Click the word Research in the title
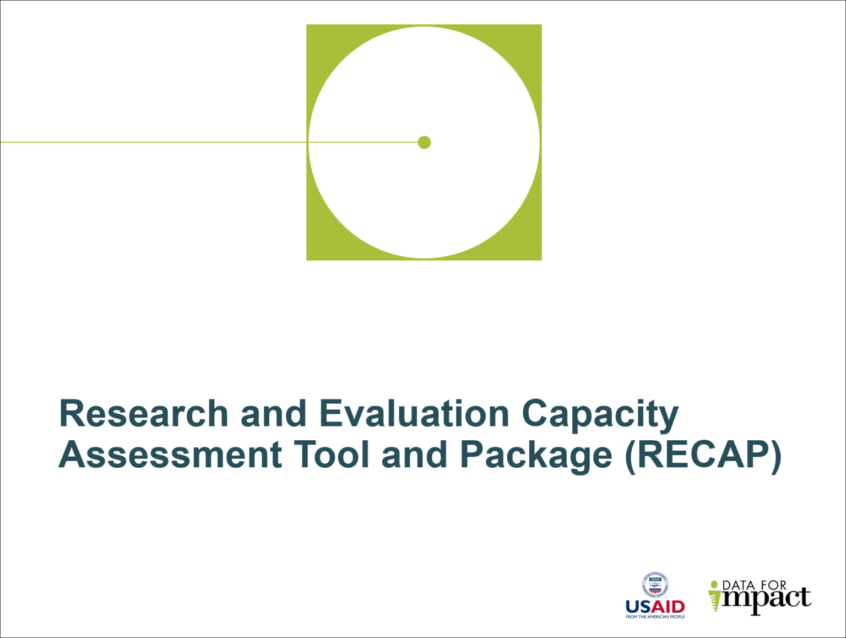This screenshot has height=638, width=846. [x=143, y=414]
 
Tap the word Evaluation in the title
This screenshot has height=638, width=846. [x=414, y=414]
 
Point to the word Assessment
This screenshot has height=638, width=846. [x=170, y=455]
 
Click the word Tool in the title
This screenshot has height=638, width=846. [x=330, y=455]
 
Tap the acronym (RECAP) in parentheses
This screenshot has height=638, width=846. [x=703, y=456]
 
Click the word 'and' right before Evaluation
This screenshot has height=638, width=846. [x=273, y=414]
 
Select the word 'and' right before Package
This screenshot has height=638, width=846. [x=414, y=455]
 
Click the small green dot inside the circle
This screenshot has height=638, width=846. [x=424, y=143]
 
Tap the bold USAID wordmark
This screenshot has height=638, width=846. [x=655, y=607]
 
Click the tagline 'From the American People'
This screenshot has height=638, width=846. [x=655, y=617]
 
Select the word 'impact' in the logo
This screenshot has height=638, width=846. [x=766, y=599]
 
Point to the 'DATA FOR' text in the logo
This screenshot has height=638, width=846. [x=754, y=585]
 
